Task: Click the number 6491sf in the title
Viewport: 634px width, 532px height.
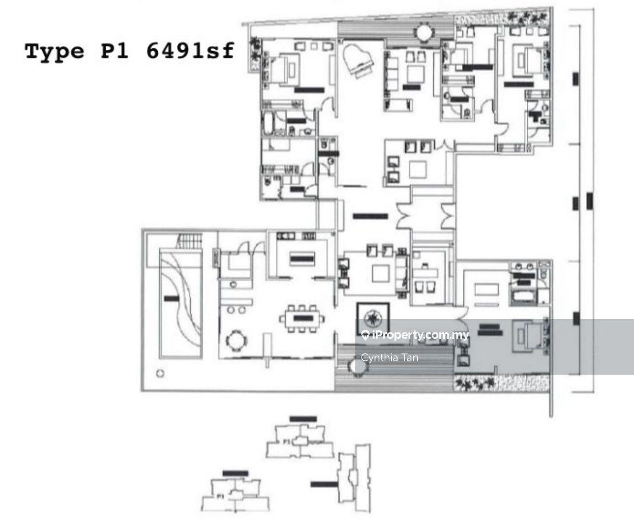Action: click(190, 51)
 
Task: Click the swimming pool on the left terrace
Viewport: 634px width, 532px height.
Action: click(180, 305)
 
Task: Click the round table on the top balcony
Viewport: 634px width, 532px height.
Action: click(423, 33)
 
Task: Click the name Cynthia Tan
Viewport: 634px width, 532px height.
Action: click(390, 357)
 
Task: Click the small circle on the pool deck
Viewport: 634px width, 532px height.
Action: click(159, 374)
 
